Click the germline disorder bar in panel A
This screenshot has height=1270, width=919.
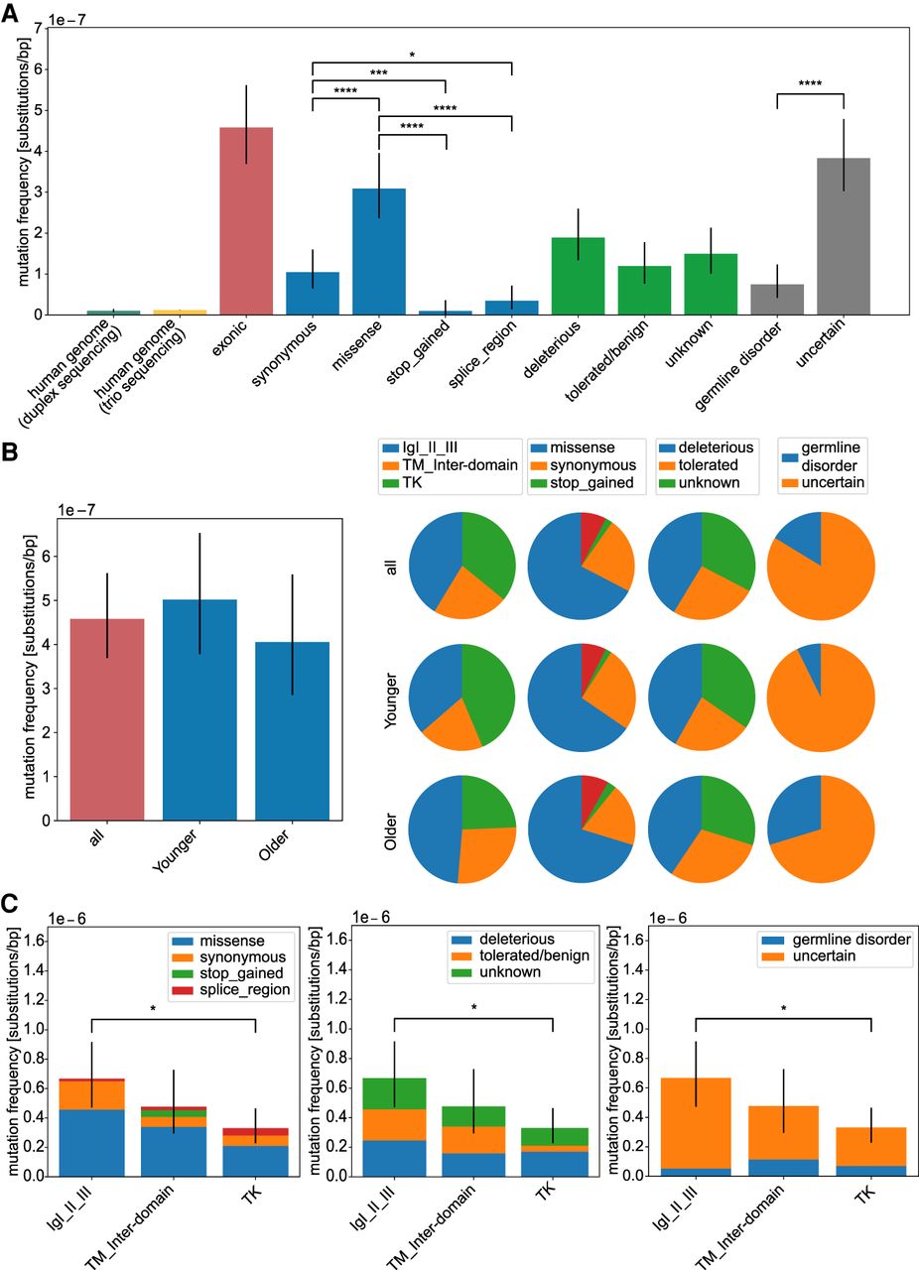(x=776, y=299)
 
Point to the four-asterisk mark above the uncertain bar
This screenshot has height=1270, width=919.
(x=810, y=84)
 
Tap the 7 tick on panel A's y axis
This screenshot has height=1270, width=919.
(x=37, y=28)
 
